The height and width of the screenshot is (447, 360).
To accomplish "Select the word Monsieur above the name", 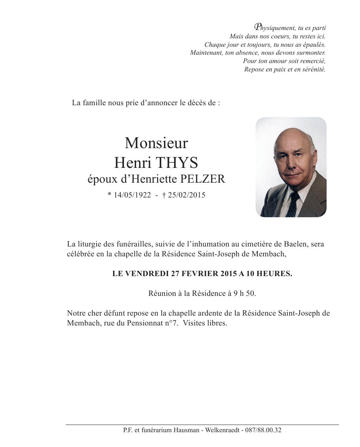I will tap(156, 143).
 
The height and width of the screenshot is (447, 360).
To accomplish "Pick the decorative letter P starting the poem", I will tap(257, 27).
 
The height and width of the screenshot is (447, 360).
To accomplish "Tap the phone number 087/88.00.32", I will tap(263, 430).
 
